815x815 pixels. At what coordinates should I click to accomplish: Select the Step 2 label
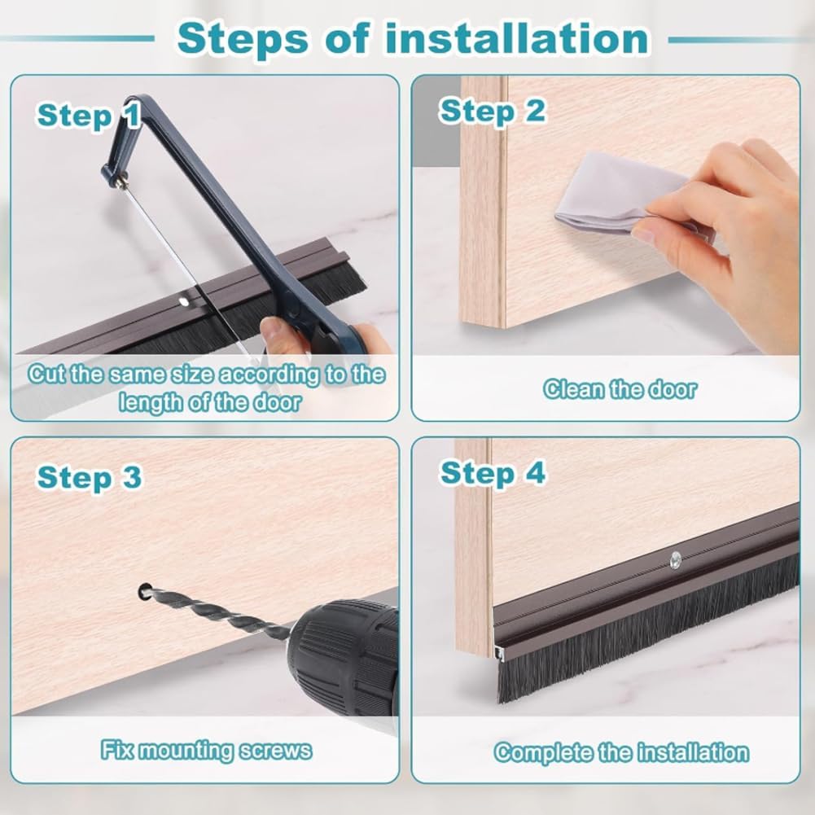492,111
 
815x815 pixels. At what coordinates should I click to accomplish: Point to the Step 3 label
89,478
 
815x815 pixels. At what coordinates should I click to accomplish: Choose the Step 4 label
492,472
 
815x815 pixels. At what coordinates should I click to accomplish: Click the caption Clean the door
620,389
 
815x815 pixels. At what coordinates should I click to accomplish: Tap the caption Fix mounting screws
206,749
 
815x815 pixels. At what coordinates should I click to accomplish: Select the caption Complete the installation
621,752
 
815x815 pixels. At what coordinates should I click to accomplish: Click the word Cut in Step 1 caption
46,375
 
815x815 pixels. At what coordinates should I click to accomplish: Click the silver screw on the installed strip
675,559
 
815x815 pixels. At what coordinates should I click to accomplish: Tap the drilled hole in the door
145,590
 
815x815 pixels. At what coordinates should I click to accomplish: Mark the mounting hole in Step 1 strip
184,302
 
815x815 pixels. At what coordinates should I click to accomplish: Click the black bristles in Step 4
651,635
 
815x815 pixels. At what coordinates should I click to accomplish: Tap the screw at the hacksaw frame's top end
120,183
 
